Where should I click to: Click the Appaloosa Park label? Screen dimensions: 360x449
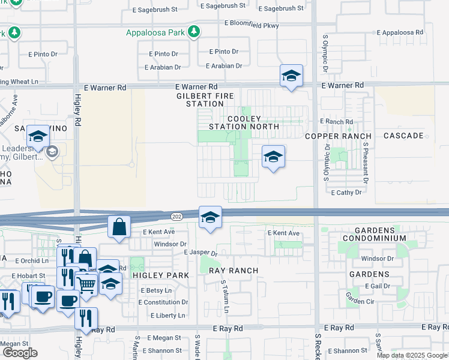click(155, 32)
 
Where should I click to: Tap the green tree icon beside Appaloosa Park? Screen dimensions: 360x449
click(193, 32)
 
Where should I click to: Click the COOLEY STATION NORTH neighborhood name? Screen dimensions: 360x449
click(244, 122)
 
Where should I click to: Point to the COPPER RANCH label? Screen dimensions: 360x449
click(338, 136)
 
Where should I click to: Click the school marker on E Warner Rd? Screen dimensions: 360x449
click(291, 76)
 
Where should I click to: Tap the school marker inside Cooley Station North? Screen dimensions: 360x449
click(273, 157)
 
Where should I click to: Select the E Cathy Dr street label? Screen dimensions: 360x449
click(346, 193)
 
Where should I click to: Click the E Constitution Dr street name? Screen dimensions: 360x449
click(163, 302)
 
